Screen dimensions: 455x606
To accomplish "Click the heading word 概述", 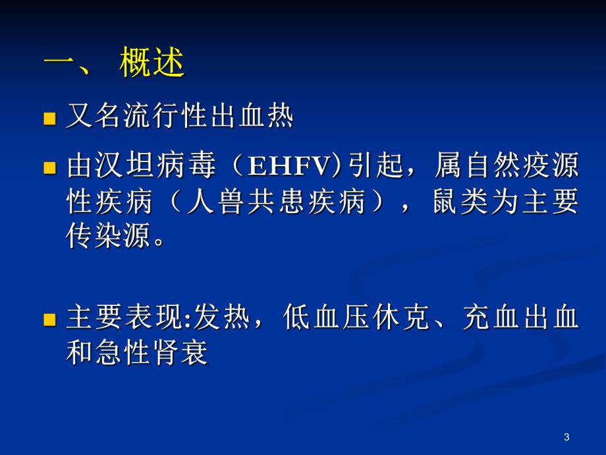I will point(152,66).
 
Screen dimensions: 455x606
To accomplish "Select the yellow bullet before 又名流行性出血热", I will point(49,119).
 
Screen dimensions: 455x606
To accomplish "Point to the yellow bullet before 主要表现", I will point(49,320).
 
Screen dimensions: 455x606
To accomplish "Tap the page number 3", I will point(567,437).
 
